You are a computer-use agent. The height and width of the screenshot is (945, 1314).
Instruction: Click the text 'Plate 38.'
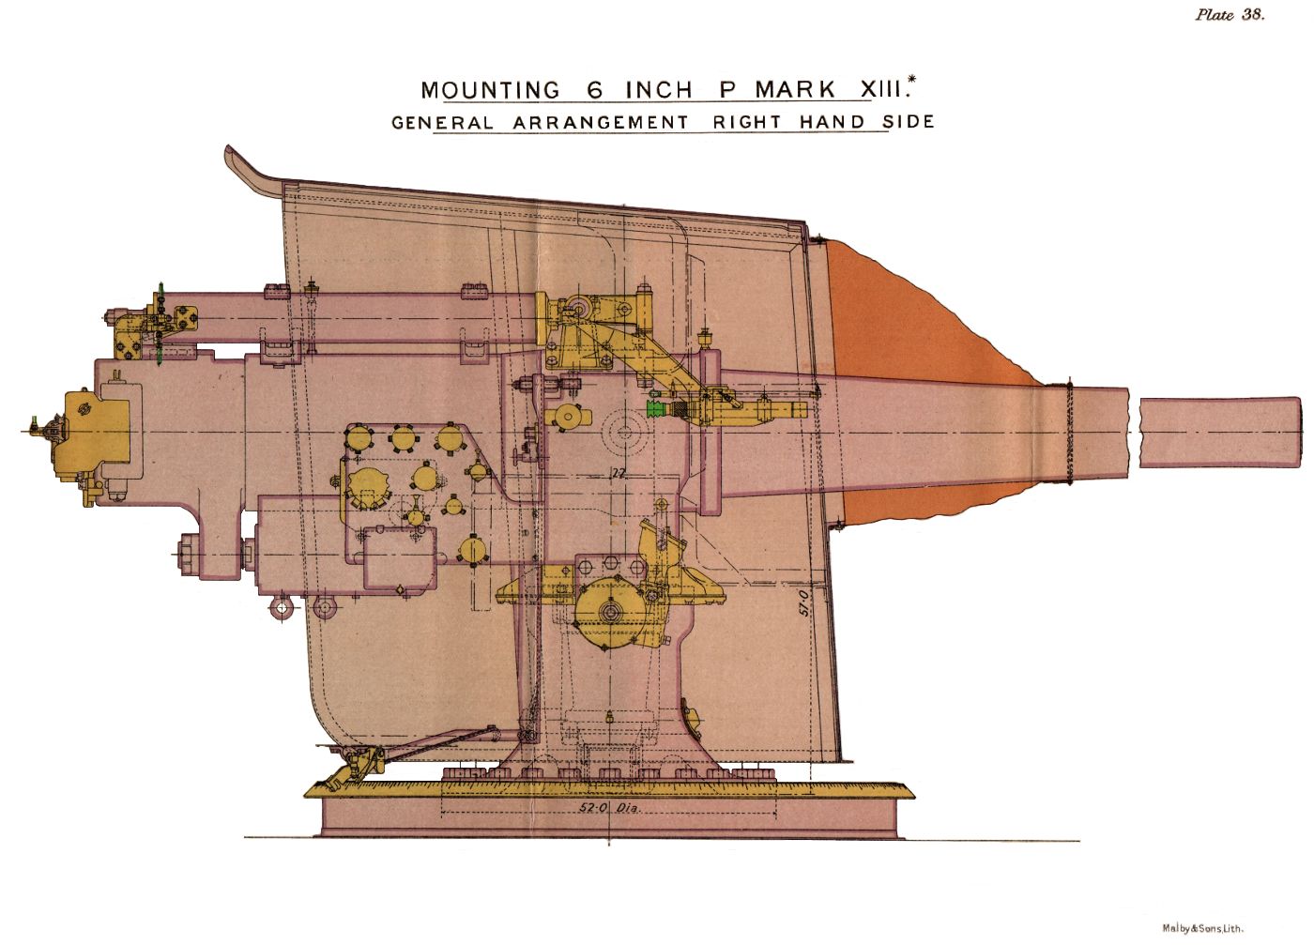[1230, 15]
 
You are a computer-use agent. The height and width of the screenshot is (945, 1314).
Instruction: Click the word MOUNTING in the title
[491, 90]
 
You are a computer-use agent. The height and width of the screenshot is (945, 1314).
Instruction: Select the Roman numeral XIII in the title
[880, 90]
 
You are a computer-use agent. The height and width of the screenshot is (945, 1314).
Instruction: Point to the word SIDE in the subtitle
[909, 121]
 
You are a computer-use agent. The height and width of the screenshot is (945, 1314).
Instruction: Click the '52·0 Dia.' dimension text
[611, 808]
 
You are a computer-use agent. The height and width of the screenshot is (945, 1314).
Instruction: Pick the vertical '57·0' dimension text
[803, 602]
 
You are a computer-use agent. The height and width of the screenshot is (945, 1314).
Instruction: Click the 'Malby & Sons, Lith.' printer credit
[1203, 928]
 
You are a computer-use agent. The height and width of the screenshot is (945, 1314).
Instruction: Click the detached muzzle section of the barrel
[1220, 433]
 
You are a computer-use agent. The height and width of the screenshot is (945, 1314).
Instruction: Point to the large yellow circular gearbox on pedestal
[610, 612]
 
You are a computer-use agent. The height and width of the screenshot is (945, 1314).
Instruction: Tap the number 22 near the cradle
[618, 473]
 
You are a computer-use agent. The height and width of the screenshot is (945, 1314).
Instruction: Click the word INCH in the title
[659, 90]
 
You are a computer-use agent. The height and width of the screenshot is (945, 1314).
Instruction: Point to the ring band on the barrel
[1068, 433]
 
